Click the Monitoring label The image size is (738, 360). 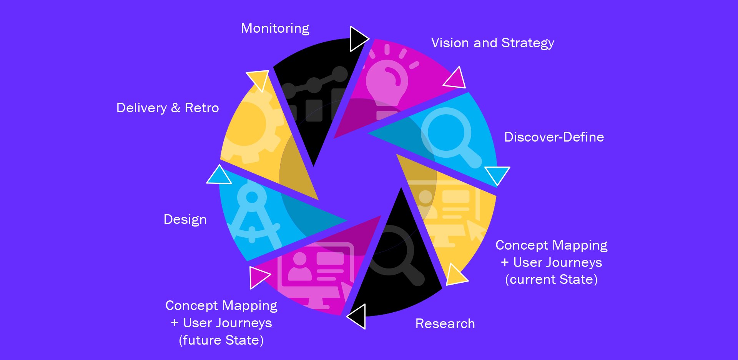click(x=275, y=28)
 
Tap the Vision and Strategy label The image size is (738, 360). click(x=492, y=43)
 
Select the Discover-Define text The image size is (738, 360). click(x=554, y=137)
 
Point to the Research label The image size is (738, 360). click(x=445, y=324)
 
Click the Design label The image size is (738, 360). click(x=185, y=220)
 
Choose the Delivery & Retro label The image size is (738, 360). click(x=168, y=108)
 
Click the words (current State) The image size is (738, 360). click(x=551, y=280)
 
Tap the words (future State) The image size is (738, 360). click(x=221, y=340)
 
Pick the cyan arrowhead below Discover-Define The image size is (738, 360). click(x=497, y=174)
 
